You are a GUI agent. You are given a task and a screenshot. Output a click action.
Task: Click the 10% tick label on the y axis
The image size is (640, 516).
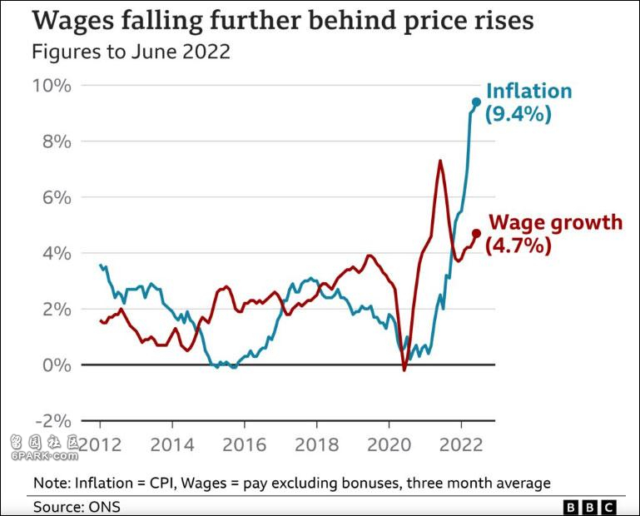[x=51, y=86]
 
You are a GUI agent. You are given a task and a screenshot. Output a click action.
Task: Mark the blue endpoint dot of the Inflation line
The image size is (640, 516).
[x=477, y=102]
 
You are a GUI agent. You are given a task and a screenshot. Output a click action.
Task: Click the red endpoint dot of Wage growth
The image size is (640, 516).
[x=477, y=234]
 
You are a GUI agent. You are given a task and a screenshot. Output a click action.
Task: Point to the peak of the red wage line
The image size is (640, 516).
[x=439, y=161]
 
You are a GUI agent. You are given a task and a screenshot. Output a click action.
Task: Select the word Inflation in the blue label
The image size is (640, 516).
[x=528, y=91]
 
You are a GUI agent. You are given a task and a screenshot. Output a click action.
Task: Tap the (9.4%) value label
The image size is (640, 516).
[x=518, y=114]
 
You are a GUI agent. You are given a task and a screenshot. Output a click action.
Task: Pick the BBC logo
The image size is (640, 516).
[x=590, y=506]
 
